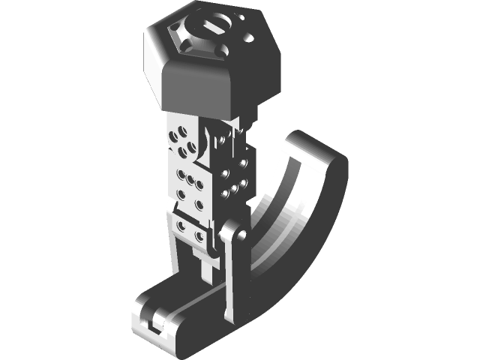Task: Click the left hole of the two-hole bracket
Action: [181, 226]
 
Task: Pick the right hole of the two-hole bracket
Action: [199, 235]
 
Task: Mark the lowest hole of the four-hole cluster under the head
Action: [182, 153]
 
